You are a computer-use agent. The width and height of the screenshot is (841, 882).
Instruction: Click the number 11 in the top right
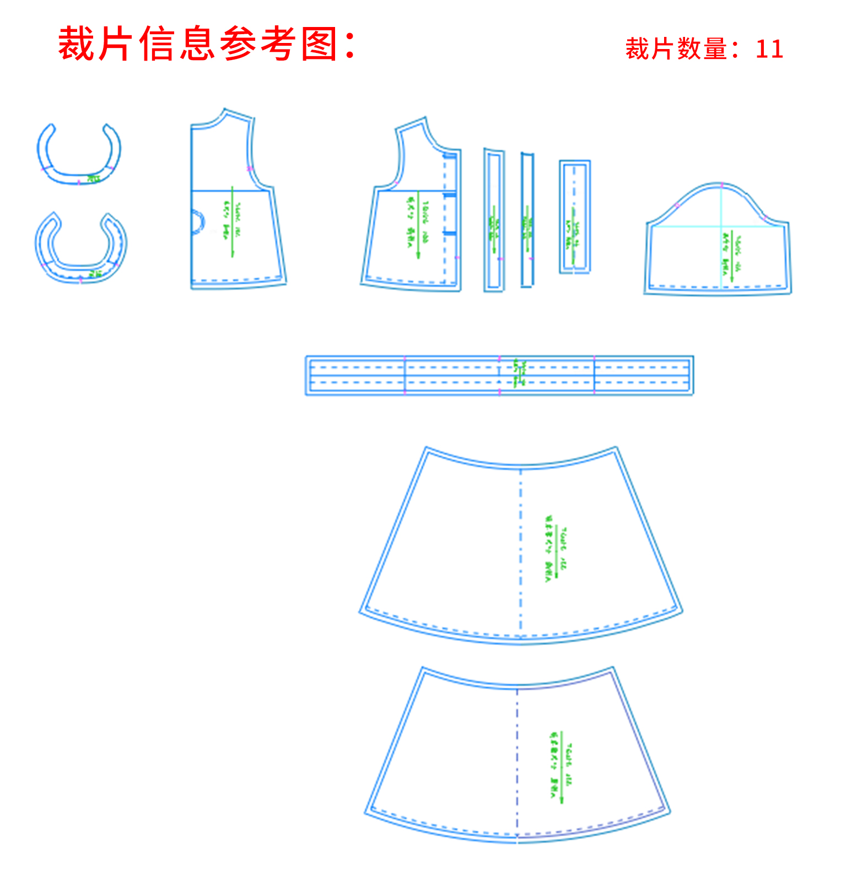(769, 49)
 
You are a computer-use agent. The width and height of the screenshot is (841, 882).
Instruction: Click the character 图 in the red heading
(319, 44)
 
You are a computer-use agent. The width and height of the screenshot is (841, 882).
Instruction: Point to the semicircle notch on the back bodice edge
(197, 222)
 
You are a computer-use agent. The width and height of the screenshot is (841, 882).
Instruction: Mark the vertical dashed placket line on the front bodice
(445, 220)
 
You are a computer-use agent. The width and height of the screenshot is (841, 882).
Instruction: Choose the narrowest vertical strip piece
(527, 219)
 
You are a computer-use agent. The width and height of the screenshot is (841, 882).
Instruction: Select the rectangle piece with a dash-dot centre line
(575, 217)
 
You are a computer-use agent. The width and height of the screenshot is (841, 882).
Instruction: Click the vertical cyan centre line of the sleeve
(721, 237)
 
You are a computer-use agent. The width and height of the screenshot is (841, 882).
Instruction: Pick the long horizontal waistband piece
(499, 375)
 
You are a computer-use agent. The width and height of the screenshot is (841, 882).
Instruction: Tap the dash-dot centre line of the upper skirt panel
(521, 551)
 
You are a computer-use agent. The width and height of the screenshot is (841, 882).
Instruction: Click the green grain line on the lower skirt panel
(561, 766)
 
